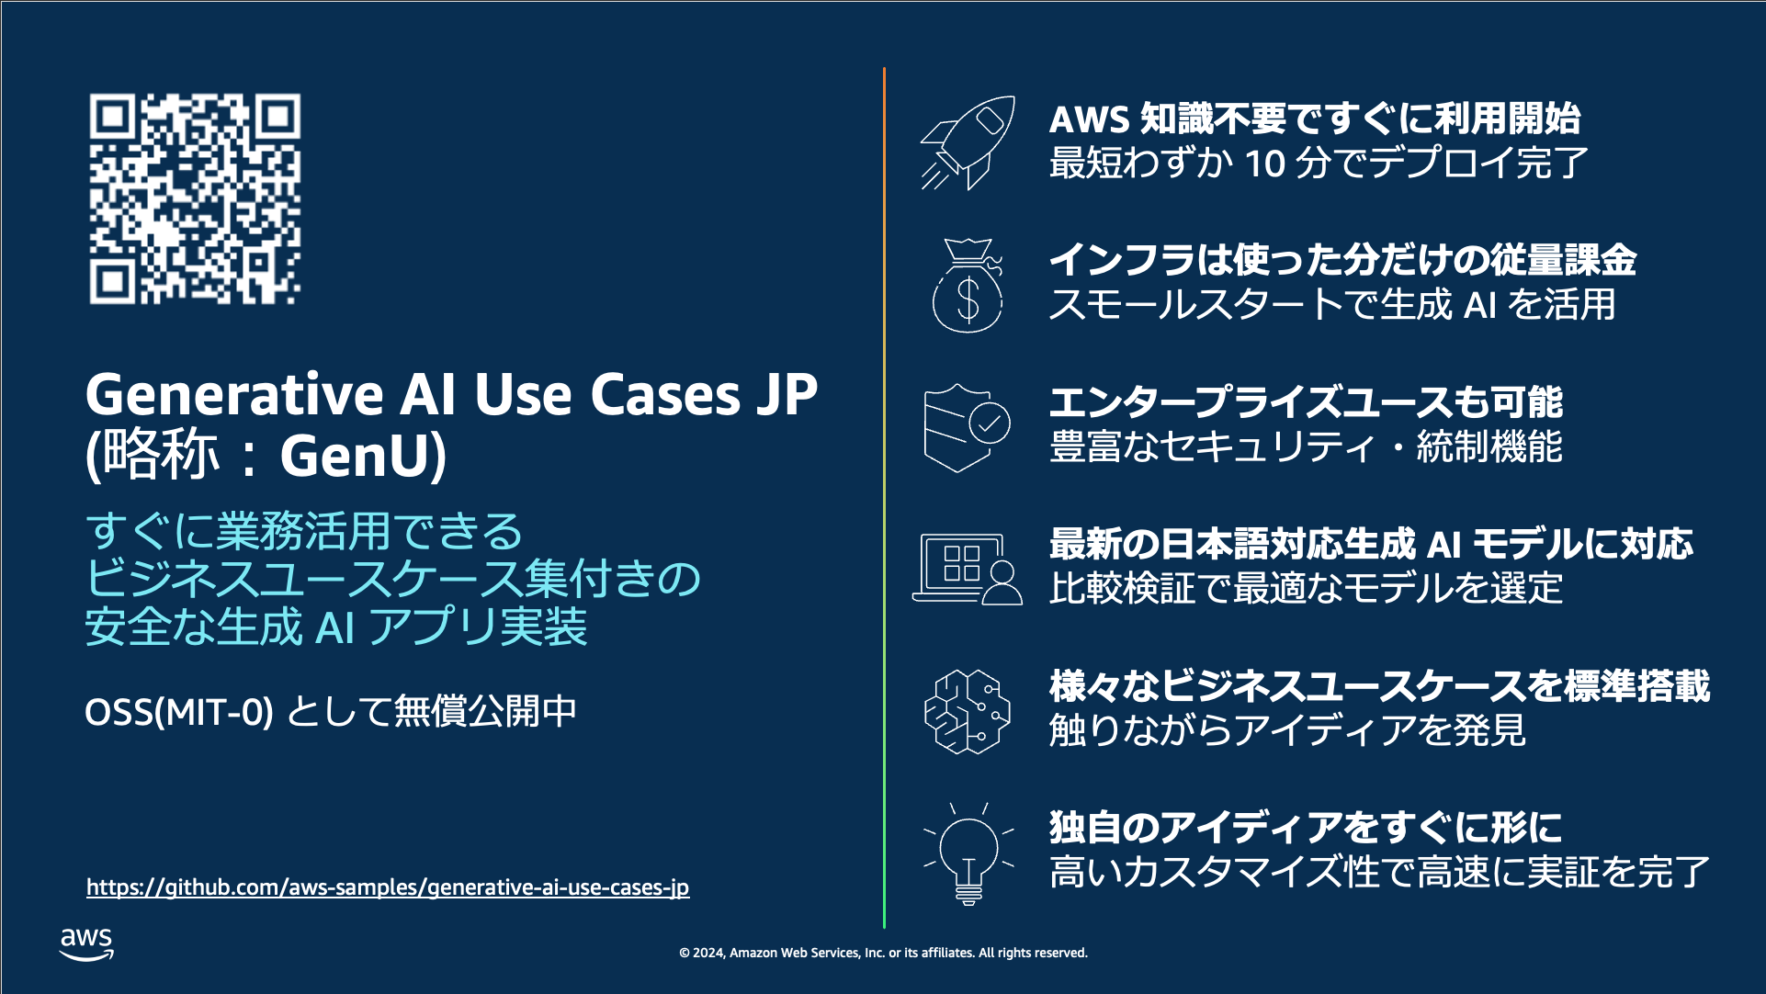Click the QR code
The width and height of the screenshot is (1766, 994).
tap(195, 198)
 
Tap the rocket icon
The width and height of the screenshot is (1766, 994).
tap(968, 142)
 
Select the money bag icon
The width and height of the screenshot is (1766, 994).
tap(968, 286)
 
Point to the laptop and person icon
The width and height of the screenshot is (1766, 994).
tap(968, 569)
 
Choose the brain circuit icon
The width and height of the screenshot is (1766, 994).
tap(967, 711)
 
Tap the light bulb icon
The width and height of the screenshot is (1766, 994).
tap(968, 853)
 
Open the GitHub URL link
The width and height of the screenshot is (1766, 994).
tap(387, 887)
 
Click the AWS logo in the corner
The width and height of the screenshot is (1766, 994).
tap(86, 943)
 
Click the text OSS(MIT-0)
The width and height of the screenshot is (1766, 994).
tap(178, 711)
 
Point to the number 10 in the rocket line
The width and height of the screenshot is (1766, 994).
tap(1264, 164)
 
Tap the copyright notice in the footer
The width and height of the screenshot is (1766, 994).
tap(883, 953)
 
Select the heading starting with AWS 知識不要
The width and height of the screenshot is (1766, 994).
tap(1314, 119)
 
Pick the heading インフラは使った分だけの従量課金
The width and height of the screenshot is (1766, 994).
tap(1342, 260)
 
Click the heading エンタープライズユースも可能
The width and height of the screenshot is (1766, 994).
tap(1306, 401)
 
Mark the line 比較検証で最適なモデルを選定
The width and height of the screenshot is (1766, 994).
tap(1306, 588)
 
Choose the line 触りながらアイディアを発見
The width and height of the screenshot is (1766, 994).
tap(1287, 730)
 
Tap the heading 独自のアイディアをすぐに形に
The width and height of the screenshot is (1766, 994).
tap(1306, 828)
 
